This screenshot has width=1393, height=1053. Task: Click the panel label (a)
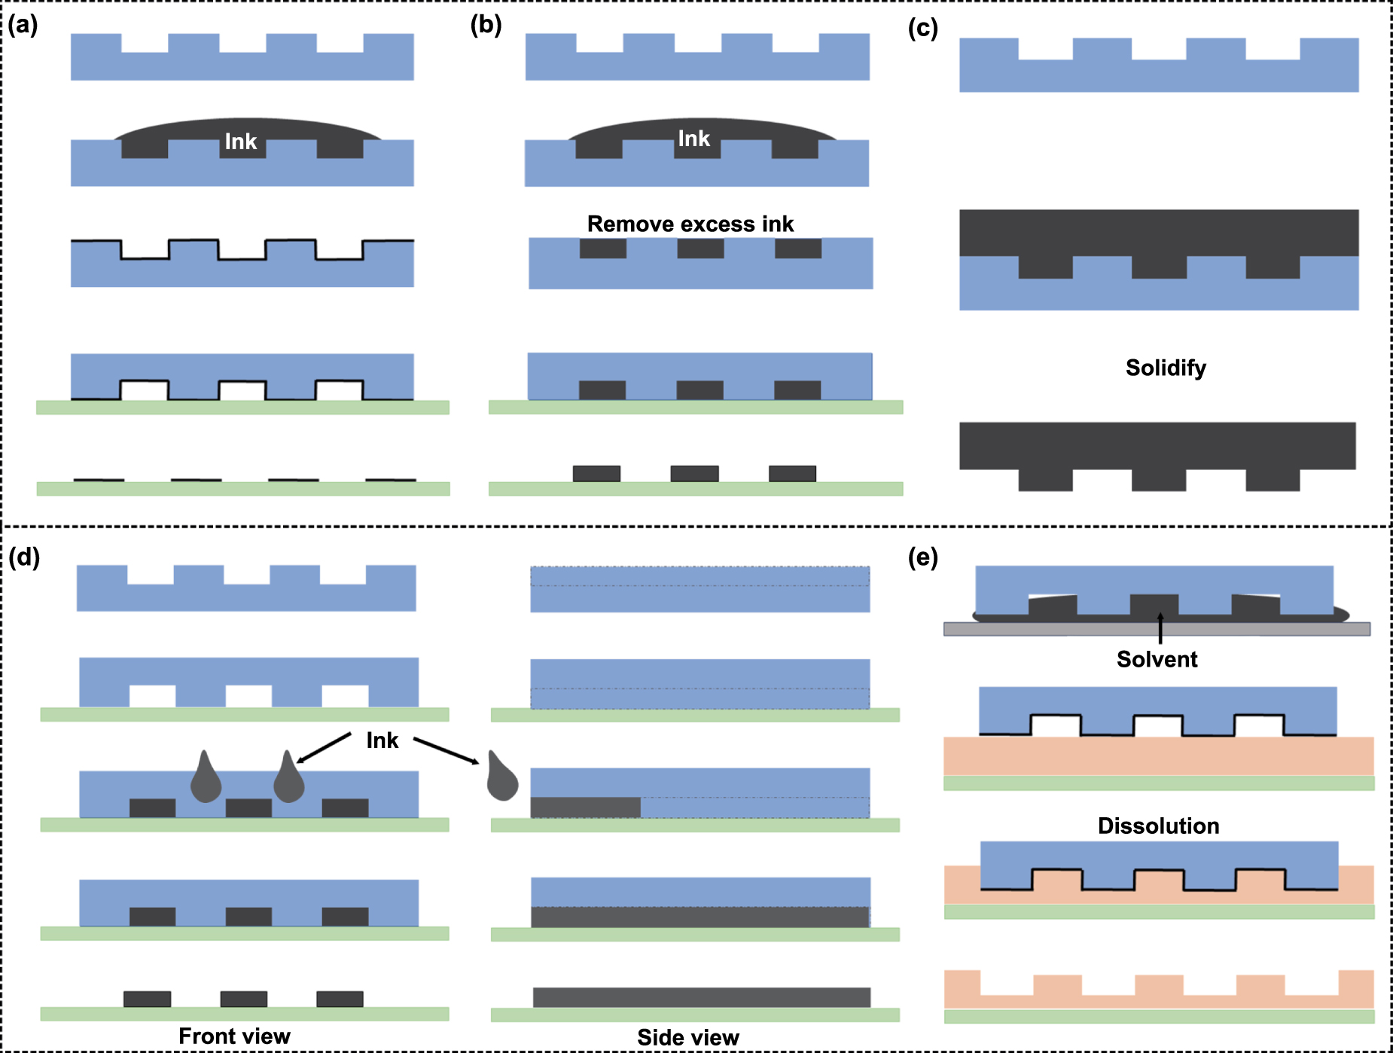click(23, 25)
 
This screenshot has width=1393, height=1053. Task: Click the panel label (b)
click(486, 25)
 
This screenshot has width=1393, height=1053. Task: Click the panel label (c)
click(922, 28)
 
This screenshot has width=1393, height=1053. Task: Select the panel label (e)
click(922, 557)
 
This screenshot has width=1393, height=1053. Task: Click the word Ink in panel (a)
click(241, 142)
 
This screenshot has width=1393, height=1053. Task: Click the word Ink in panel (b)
click(693, 139)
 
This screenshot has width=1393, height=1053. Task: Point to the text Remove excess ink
click(690, 224)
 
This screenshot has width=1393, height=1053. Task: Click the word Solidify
click(1166, 368)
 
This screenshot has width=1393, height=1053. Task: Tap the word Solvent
click(1157, 659)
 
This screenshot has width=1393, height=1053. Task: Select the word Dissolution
click(1158, 826)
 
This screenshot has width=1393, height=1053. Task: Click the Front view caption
click(234, 1036)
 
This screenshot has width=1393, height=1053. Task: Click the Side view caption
click(687, 1037)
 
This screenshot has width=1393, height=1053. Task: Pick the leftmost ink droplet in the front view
click(206, 780)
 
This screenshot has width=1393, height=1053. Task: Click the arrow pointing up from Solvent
click(1160, 628)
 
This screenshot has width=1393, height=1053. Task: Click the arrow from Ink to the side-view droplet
click(446, 751)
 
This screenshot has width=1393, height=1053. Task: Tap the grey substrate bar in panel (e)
click(1157, 629)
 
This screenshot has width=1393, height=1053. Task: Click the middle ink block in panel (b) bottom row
click(694, 473)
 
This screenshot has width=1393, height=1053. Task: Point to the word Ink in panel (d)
click(382, 740)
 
